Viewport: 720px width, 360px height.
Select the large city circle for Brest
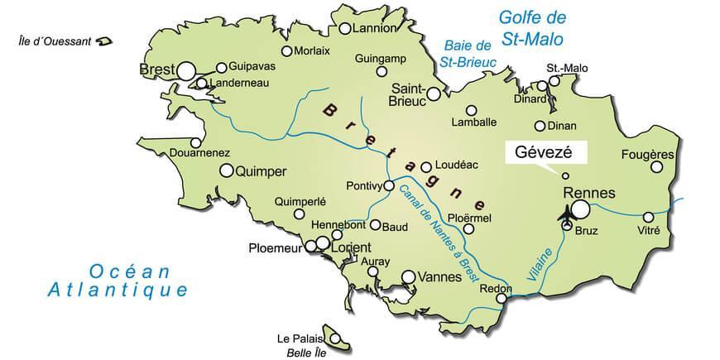pos(186,70)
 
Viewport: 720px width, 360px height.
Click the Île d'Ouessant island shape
pos(105,40)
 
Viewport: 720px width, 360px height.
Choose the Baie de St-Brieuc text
pos(469,53)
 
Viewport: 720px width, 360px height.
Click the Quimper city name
pos(261,171)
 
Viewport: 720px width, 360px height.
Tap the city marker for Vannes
pos(408,277)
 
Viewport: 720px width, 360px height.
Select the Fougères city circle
pos(657,167)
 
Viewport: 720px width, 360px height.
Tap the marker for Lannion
pos(344,29)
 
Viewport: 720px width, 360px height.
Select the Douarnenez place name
pos(199,152)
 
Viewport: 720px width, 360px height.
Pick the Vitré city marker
pos(648,217)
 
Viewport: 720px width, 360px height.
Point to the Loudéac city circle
pos(426,166)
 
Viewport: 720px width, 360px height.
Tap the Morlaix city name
pos(312,51)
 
